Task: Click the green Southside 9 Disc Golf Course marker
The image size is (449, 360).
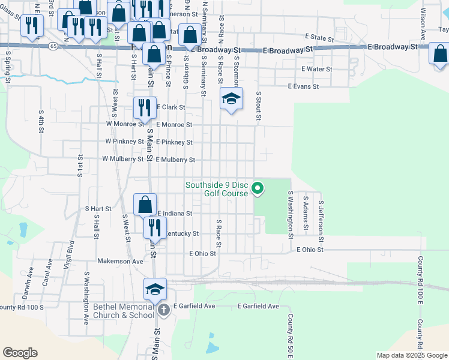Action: [x=258, y=188]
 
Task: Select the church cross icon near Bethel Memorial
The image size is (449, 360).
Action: [x=164, y=310]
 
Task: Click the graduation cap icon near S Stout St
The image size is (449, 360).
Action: [x=231, y=98]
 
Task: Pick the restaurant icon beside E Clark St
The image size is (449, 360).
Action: [x=144, y=107]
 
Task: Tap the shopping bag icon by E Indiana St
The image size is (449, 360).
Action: [x=145, y=204]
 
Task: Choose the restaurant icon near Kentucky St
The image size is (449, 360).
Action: [x=155, y=227]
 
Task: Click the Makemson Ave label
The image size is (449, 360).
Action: [x=121, y=262]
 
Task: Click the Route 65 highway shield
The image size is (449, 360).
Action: [x=55, y=46]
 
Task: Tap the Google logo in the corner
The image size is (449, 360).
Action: [x=20, y=353]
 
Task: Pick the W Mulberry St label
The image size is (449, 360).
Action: [x=123, y=160]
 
